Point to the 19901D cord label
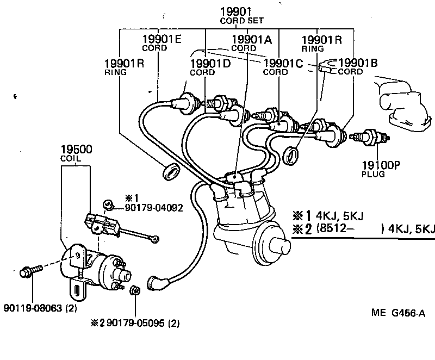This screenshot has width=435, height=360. (210, 66)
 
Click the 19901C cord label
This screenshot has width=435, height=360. (282, 66)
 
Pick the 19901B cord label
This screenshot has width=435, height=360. (358, 66)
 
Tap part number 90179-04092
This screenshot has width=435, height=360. (153, 208)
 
